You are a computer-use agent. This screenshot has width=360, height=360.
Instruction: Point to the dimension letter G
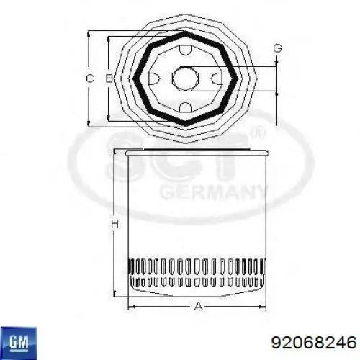click(x=276, y=49)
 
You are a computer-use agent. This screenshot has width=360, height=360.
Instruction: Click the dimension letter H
click(x=114, y=224)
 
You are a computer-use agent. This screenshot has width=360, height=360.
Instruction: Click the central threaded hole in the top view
click(x=185, y=78)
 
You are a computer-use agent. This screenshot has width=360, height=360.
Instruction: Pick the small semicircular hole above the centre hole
click(x=185, y=50)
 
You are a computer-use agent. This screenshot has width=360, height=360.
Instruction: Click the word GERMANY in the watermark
click(x=213, y=192)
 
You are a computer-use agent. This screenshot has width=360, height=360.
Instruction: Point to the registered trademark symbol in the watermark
click(x=261, y=135)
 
